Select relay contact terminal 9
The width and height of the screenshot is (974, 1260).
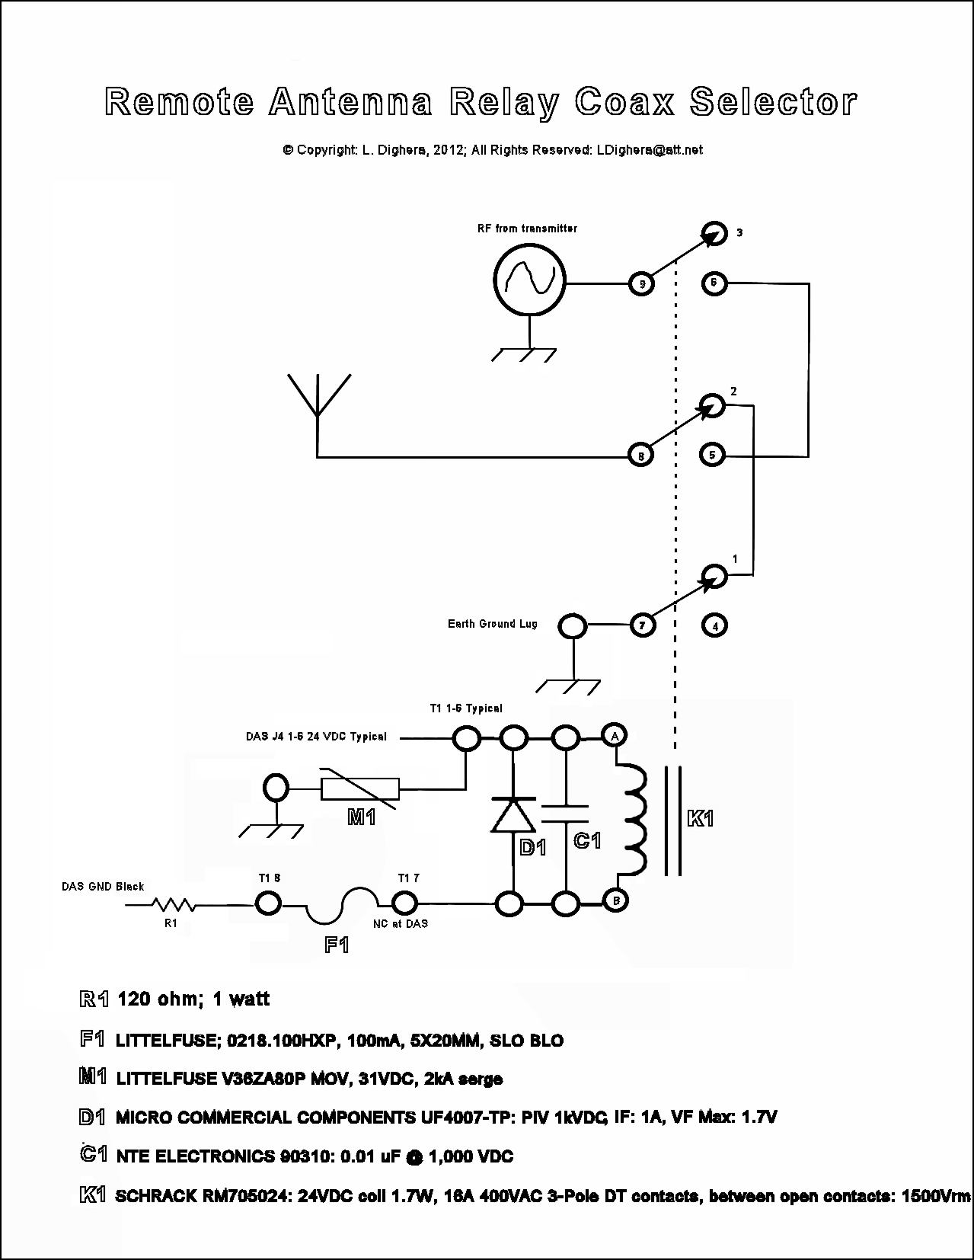click(642, 284)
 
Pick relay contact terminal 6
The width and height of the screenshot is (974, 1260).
click(714, 283)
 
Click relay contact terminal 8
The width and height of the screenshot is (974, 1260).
click(640, 456)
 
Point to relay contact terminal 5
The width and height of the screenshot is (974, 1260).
click(712, 455)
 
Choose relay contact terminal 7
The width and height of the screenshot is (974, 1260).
click(642, 625)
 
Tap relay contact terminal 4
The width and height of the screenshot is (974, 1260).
click(714, 626)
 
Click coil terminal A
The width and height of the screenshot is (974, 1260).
click(614, 735)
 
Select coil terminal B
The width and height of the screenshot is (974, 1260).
click(614, 900)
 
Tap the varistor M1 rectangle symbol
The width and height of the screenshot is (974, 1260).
click(360, 789)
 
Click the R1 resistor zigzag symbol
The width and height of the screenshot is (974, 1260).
click(174, 905)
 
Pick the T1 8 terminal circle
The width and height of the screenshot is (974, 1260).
click(267, 903)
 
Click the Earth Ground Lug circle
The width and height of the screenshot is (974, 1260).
click(573, 627)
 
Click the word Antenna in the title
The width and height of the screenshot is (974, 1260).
click(351, 102)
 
